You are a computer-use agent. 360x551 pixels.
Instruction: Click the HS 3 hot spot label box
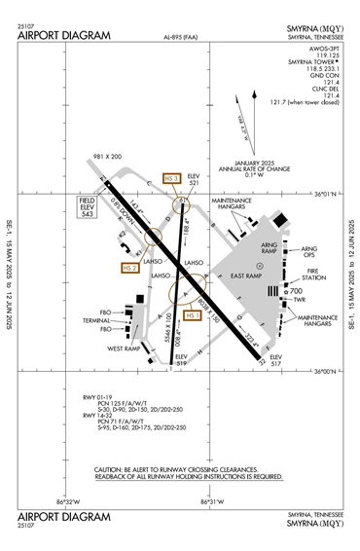(172, 178)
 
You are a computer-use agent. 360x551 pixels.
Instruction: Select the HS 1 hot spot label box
(192, 315)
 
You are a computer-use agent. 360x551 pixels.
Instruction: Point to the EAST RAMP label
(252, 276)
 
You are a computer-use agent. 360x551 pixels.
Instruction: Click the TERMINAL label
(96, 320)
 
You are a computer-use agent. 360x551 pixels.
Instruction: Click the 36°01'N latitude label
(331, 194)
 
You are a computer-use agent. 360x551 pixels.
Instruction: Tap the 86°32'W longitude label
(68, 501)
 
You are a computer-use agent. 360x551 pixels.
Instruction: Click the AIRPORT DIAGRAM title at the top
(64, 36)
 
